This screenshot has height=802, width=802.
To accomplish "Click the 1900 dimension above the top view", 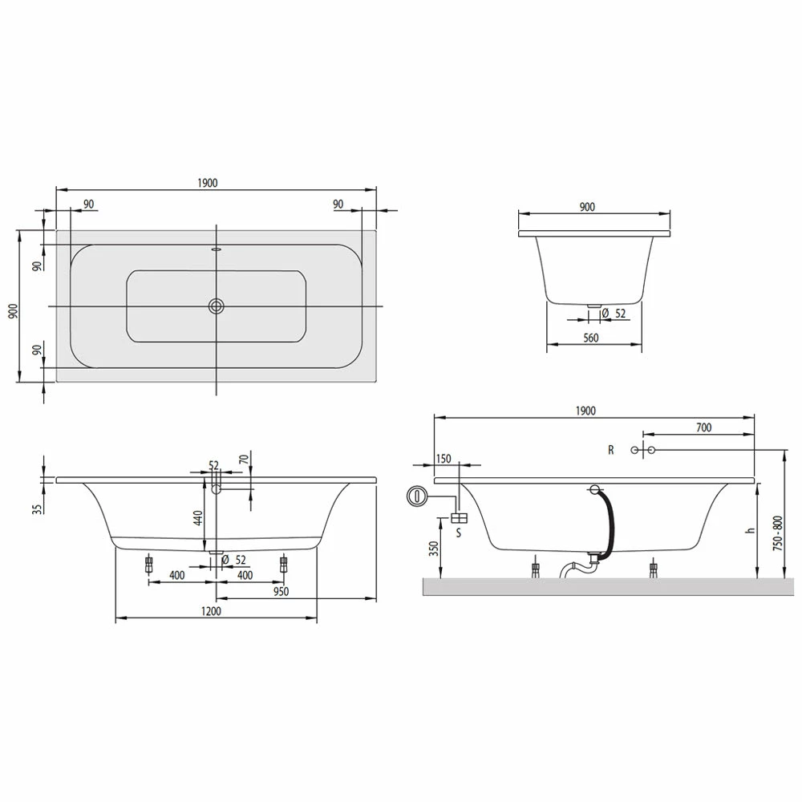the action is tap(208, 183).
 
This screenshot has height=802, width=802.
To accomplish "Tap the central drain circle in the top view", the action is tap(217, 306).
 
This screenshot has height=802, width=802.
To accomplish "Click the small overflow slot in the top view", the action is tap(217, 250).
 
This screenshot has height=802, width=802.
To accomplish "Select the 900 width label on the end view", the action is tap(587, 206).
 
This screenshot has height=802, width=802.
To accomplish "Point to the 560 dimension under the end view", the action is tap(591, 338).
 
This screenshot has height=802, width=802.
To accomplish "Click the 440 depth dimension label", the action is tap(198, 517).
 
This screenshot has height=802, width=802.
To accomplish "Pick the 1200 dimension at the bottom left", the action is tap(211, 611).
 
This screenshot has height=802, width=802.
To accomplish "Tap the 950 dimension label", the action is tap(281, 592).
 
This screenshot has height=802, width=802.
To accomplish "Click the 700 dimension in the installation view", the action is tap(704, 427).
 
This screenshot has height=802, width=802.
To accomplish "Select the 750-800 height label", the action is tap(778, 533).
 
